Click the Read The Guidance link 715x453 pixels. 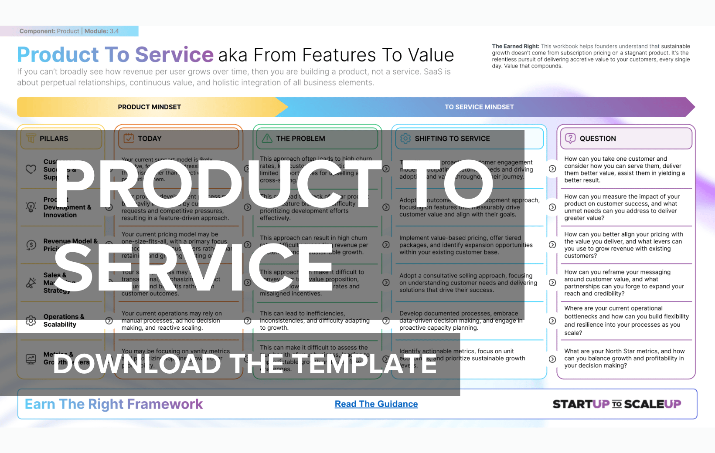[x=376, y=404]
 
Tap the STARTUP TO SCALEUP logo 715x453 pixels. [x=616, y=404]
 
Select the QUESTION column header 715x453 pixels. [x=597, y=139]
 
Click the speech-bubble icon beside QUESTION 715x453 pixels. [x=570, y=139]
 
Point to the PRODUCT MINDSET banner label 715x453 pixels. [x=149, y=107]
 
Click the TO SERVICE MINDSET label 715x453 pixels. [x=479, y=107]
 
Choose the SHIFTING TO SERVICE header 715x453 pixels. [x=452, y=139]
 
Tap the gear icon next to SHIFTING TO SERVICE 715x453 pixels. [x=405, y=139]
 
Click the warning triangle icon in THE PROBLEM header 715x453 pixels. [x=267, y=139]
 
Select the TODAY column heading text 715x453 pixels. [x=150, y=139]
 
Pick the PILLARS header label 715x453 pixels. [x=54, y=139]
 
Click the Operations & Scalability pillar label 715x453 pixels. [x=64, y=321]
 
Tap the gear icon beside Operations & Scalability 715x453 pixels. [x=31, y=321]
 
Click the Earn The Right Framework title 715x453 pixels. [x=114, y=404]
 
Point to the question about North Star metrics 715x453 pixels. [x=624, y=358]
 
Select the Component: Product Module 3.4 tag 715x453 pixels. [x=69, y=31]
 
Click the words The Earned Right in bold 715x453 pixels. [x=515, y=46]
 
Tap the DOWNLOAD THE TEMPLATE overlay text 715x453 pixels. [x=245, y=364]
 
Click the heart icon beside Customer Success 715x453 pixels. [x=31, y=169]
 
